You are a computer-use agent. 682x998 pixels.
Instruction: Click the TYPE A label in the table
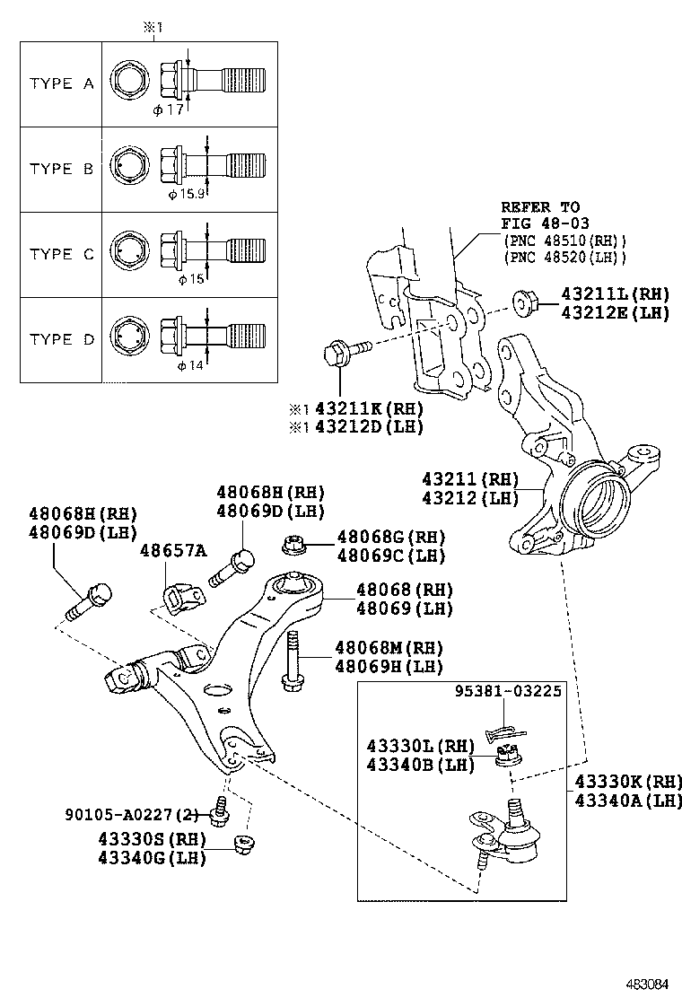click(x=61, y=83)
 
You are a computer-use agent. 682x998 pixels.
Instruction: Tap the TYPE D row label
click(x=61, y=339)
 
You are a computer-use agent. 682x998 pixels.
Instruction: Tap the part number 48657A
click(x=172, y=549)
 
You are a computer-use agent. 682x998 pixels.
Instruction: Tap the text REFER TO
click(x=540, y=206)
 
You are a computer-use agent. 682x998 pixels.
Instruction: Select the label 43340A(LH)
click(x=628, y=800)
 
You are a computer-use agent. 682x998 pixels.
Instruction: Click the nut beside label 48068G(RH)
click(x=292, y=545)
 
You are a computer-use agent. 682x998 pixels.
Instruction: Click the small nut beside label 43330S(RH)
click(x=240, y=845)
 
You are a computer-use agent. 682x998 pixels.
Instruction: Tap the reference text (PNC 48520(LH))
click(x=564, y=258)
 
